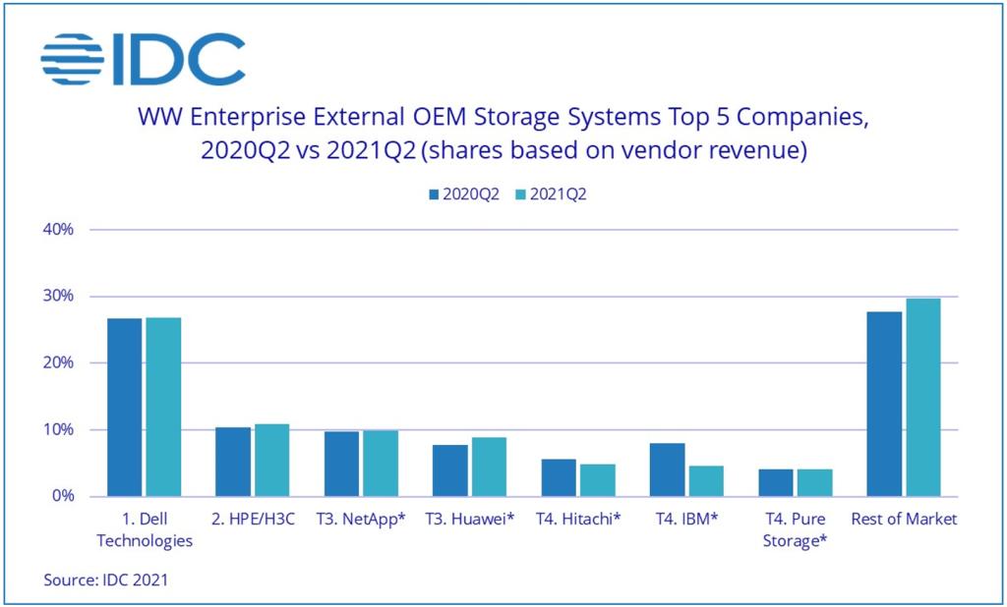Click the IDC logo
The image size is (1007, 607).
pyautogui.click(x=143, y=60)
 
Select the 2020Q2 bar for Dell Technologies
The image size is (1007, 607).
pyautogui.click(x=125, y=407)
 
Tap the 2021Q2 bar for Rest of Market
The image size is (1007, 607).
pyautogui.click(x=923, y=397)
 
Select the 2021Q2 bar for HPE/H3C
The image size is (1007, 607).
pyautogui.click(x=272, y=460)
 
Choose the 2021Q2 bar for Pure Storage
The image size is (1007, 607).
pyautogui.click(x=815, y=482)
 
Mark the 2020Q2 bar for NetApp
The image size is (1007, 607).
pyautogui.click(x=341, y=464)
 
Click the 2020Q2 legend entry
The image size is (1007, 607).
pyautogui.click(x=461, y=194)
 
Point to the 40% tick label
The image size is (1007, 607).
pyautogui.click(x=58, y=230)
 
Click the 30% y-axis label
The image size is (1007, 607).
pyautogui.click(x=58, y=297)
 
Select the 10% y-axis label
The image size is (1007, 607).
pyautogui.click(x=58, y=430)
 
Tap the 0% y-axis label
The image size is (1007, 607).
pyautogui.click(x=62, y=497)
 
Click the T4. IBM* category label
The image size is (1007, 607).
pyautogui.click(x=686, y=520)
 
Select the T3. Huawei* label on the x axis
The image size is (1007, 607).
pyautogui.click(x=470, y=520)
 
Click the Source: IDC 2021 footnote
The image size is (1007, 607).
pyautogui.click(x=105, y=580)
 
